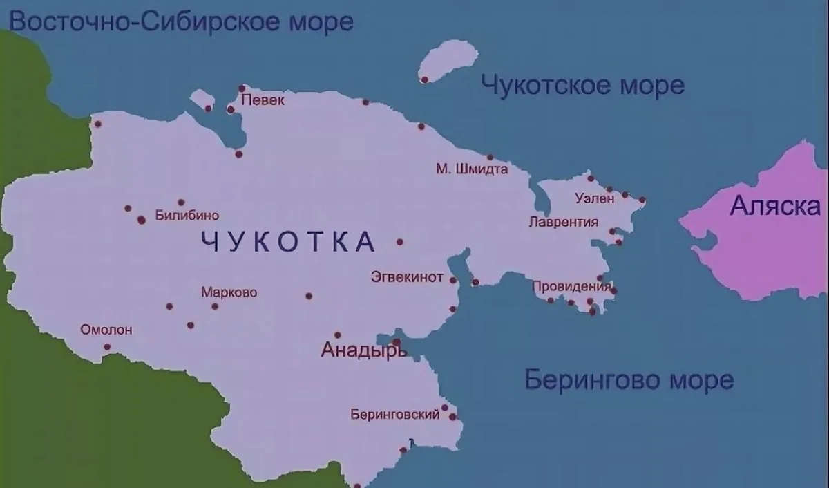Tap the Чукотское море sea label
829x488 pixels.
pyautogui.click(x=582, y=85)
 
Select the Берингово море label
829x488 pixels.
pyautogui.click(x=629, y=379)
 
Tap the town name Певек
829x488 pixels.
pyautogui.click(x=264, y=100)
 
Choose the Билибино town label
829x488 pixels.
pyautogui.click(x=187, y=216)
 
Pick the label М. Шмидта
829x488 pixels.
pyautogui.click(x=473, y=169)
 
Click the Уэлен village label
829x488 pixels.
pyautogui.click(x=594, y=199)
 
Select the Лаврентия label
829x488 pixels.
pyautogui.click(x=563, y=223)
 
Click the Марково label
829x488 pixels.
pyautogui.click(x=229, y=292)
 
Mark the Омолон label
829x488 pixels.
pyautogui.click(x=106, y=330)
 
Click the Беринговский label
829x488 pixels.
pyautogui.click(x=395, y=415)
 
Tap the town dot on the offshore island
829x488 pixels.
pyautogui.click(x=425, y=79)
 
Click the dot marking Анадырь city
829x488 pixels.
pyautogui.click(x=397, y=342)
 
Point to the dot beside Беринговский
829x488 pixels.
pyautogui.click(x=452, y=417)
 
